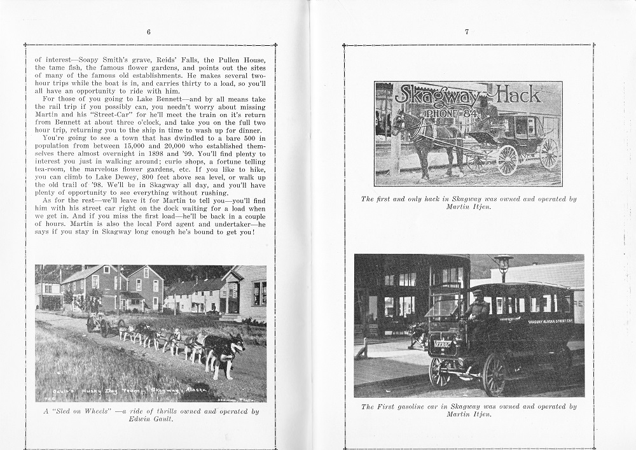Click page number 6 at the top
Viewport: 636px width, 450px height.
tap(148, 32)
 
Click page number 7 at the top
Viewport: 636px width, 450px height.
tap(467, 32)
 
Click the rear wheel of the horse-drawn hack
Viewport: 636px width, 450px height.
tap(548, 153)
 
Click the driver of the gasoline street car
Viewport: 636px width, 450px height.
tap(477, 312)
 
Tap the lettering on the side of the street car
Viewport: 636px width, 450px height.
tap(551, 321)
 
